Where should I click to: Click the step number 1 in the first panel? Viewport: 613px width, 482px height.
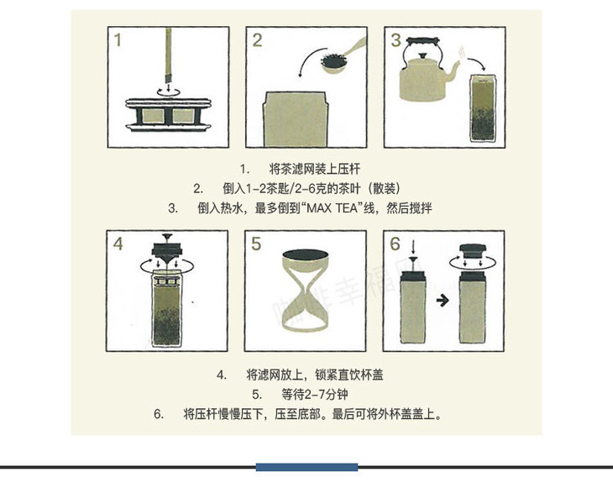(118, 40)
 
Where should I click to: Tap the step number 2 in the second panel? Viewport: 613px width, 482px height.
(257, 40)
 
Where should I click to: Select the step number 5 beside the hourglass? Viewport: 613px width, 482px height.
(256, 244)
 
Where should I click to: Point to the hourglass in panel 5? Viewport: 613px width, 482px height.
(306, 291)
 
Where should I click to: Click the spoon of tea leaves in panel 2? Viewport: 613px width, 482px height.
(340, 57)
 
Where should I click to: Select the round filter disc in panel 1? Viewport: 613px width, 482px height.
(168, 114)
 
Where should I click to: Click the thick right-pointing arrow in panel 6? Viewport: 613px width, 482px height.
(443, 301)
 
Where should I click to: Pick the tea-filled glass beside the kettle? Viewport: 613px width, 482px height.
(483, 107)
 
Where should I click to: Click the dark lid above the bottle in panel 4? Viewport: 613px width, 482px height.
(167, 250)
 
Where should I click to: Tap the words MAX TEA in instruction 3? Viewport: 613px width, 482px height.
(332, 208)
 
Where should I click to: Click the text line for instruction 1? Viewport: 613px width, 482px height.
(300, 169)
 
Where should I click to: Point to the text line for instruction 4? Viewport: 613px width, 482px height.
(300, 375)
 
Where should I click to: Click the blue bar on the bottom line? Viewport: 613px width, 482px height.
(306, 467)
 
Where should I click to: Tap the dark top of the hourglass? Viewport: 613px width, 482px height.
(306, 254)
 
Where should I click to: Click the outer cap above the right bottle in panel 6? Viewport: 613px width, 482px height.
(473, 250)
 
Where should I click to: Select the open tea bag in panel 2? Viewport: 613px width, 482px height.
(296, 119)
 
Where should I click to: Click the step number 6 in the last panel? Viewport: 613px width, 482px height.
(395, 244)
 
